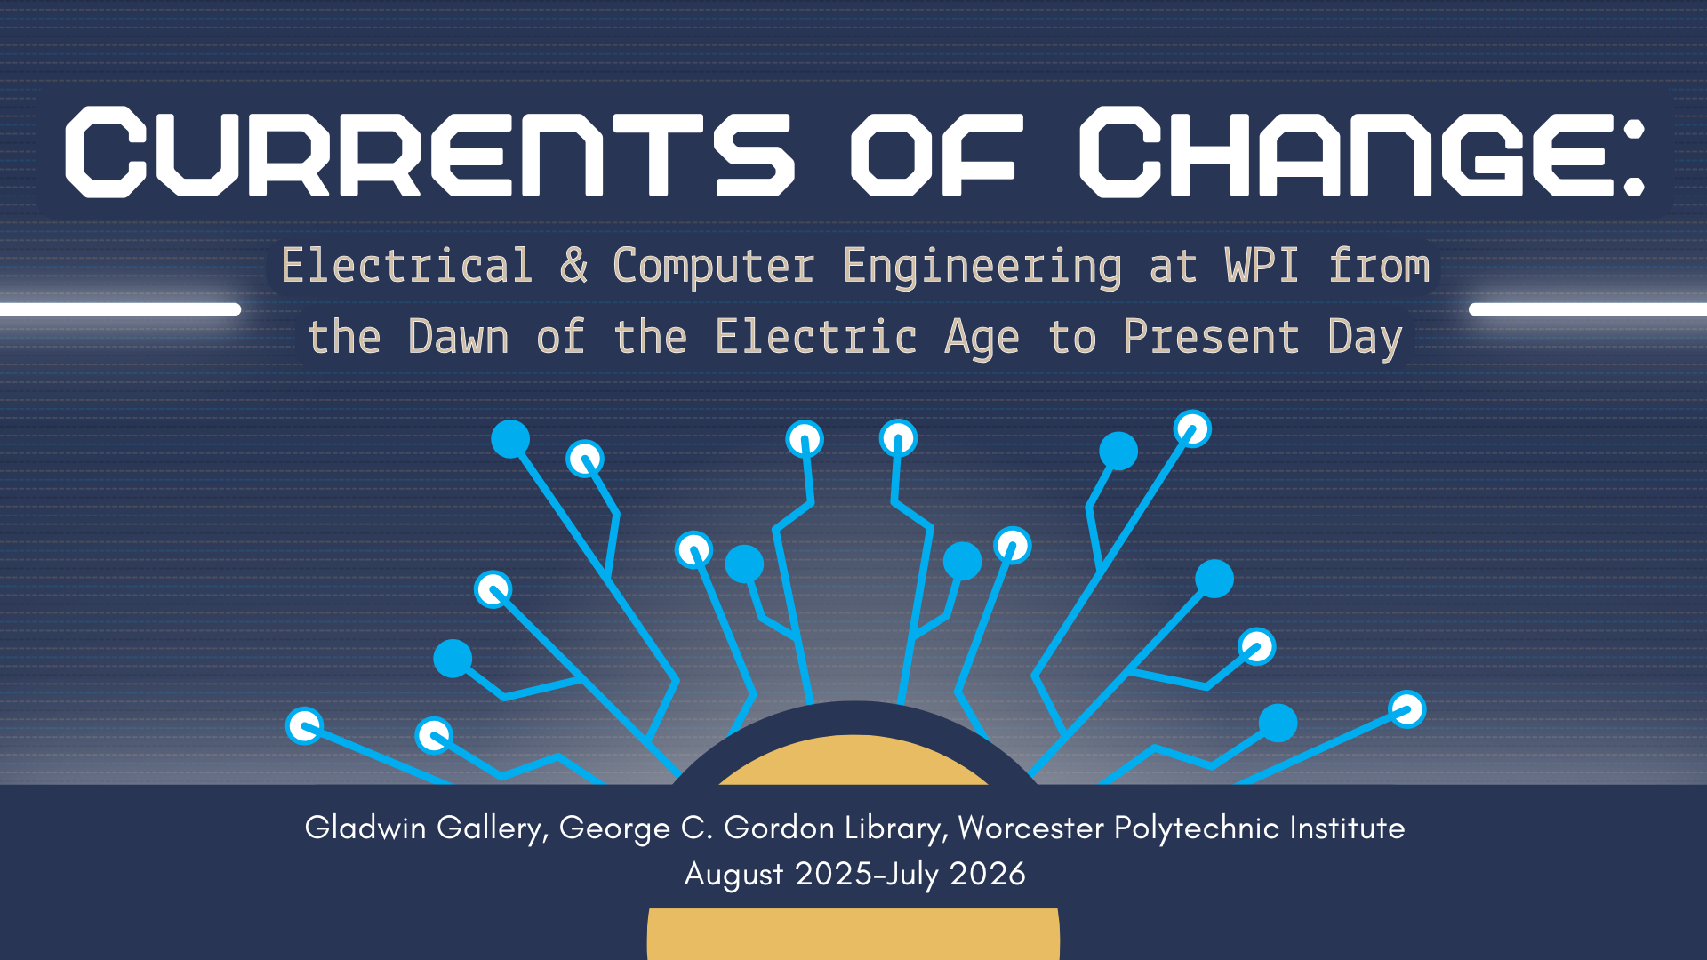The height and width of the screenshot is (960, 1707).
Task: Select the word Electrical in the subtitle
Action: tap(406, 267)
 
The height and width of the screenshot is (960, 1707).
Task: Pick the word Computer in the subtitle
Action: tap(713, 267)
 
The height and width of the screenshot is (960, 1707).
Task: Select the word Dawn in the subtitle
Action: tap(458, 338)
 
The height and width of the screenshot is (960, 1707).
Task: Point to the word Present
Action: tap(1211, 338)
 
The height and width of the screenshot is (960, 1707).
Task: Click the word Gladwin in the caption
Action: tap(365, 828)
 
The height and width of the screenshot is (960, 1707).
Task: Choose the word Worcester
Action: tap(1030, 828)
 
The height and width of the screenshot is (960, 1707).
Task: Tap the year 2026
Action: tap(987, 874)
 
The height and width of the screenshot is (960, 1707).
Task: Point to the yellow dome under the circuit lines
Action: tap(853, 763)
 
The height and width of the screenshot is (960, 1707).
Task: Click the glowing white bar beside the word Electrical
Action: tap(120, 309)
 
